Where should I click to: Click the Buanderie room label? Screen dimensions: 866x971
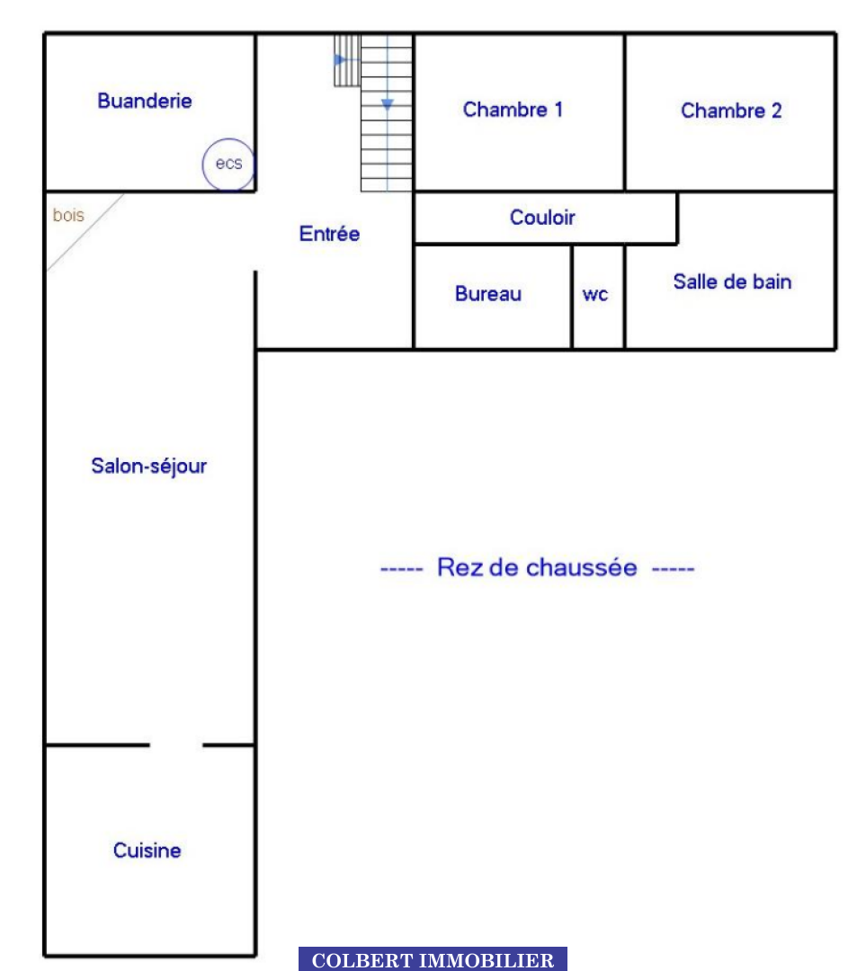coord(144,101)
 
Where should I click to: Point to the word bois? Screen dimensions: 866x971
coord(68,215)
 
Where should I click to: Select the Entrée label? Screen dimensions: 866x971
coord(329,234)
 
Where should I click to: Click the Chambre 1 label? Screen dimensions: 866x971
coord(513,110)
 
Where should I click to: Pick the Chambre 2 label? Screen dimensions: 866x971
coord(731,111)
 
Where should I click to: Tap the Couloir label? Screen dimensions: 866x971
coord(542,218)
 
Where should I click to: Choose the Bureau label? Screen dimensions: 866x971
coord(488,293)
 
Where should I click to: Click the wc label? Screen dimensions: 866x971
coord(594,294)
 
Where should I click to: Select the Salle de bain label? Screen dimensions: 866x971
coord(732,281)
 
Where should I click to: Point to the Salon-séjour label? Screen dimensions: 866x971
coord(148,467)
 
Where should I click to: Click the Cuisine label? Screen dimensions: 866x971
coord(147,851)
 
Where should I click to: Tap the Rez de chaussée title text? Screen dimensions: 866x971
coord(537,567)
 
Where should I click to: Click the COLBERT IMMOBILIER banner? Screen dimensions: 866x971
coord(433,958)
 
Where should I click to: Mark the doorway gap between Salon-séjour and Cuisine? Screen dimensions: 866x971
coord(176,744)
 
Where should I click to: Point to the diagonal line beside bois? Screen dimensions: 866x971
coord(85,233)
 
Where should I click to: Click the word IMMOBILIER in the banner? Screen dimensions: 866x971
coord(487,960)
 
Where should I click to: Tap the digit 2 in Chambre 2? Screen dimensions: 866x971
coord(776,111)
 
